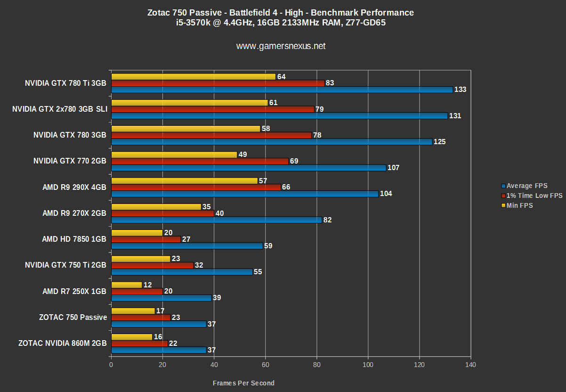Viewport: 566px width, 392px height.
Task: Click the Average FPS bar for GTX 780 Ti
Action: tap(282, 90)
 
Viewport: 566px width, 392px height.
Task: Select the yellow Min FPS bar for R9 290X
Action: tap(185, 181)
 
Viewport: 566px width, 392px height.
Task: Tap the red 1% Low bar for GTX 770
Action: tap(200, 161)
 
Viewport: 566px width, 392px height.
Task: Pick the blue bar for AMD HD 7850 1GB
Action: tap(187, 245)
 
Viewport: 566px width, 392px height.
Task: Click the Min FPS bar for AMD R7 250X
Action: tap(127, 285)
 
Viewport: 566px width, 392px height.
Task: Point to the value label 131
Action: tap(455, 116)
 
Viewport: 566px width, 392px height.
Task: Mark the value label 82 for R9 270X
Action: tap(328, 220)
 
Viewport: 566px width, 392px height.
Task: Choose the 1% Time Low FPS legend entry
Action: tap(534, 196)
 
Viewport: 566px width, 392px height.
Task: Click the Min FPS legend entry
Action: tap(519, 205)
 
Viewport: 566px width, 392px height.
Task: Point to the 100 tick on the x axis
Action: tap(368, 365)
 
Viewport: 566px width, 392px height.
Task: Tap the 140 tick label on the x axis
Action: tap(470, 365)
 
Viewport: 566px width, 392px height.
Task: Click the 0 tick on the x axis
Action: tap(111, 365)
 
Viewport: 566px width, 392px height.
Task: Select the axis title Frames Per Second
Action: tap(243, 383)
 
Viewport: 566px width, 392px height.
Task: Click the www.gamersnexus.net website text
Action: tap(281, 46)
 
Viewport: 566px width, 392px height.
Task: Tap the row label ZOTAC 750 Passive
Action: tap(73, 318)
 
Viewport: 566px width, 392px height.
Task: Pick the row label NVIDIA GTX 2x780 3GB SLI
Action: tap(60, 109)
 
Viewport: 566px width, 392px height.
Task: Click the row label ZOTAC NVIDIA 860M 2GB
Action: tap(62, 343)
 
